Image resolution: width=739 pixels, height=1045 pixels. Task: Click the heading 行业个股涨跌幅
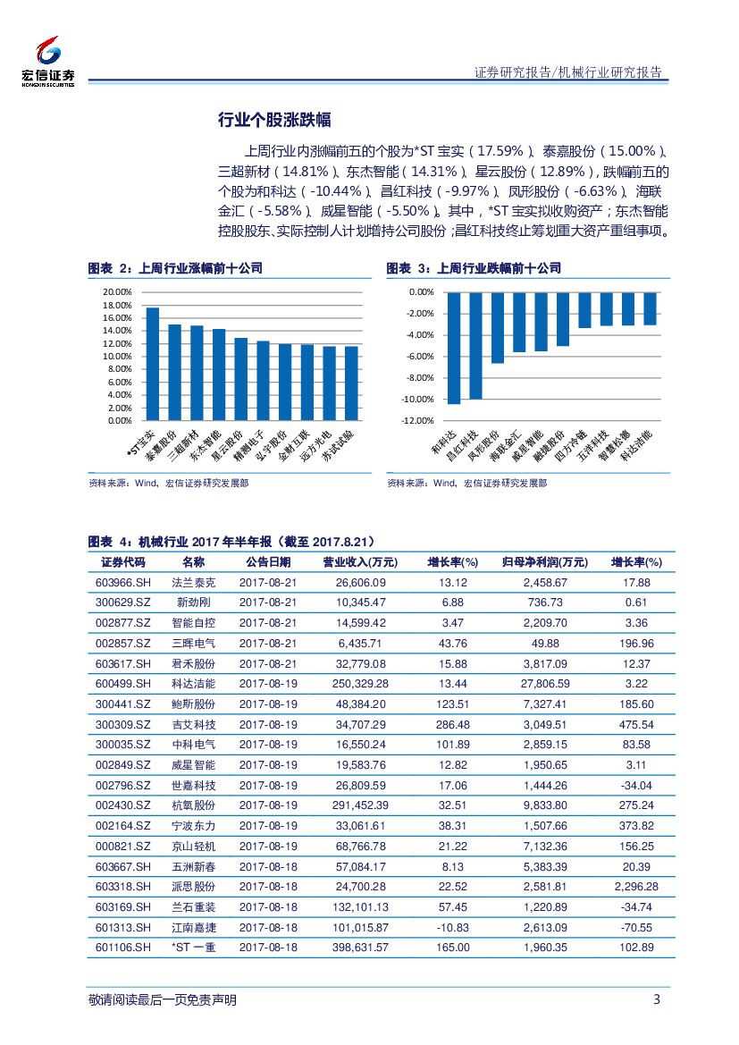[275, 121]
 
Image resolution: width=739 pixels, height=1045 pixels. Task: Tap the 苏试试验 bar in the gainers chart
[351, 383]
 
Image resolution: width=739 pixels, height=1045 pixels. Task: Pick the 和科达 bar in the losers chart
[454, 348]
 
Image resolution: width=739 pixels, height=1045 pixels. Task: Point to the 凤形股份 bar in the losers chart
[498, 327]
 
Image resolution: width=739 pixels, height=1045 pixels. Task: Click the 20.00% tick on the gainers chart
[117, 292]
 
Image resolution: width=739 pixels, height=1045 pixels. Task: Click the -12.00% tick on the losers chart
[419, 421]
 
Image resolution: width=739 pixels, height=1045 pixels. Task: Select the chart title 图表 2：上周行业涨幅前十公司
[175, 268]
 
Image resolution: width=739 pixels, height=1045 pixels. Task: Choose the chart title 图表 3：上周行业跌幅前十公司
[474, 268]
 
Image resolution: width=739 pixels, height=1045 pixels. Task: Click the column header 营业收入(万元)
[359, 562]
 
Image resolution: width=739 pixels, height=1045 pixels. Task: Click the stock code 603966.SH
[123, 582]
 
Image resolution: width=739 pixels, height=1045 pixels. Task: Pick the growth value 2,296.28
[636, 886]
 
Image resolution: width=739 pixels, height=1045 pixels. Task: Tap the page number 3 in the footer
[657, 999]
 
